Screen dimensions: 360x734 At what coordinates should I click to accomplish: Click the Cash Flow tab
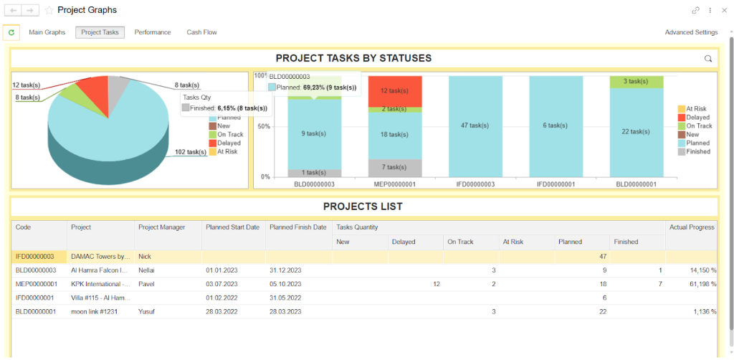tap(201, 32)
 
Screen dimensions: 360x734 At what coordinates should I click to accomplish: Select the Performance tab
tap(153, 32)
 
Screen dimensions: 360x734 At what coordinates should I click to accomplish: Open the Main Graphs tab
tap(47, 32)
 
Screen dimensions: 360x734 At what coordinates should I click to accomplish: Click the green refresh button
tap(11, 32)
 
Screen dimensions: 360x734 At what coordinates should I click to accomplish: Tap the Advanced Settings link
tap(691, 32)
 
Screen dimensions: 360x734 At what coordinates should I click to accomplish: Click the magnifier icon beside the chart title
tap(708, 59)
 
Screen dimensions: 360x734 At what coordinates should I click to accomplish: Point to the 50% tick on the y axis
tap(264, 126)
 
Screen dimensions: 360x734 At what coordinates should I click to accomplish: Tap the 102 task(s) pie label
tap(191, 152)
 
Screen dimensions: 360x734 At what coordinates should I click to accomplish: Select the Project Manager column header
tap(162, 227)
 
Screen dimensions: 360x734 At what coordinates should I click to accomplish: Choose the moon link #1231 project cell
tap(100, 311)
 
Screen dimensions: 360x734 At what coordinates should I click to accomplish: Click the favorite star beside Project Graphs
tap(49, 11)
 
